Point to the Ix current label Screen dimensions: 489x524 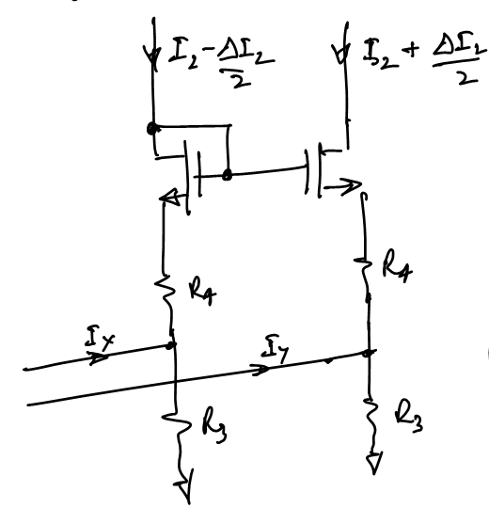point(99,339)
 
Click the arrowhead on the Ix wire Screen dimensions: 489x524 point(99,357)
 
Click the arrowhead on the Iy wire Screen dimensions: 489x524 point(260,370)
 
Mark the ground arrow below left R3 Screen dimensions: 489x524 point(184,486)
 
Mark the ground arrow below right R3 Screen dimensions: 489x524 point(374,463)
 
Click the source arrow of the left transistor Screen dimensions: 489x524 point(169,198)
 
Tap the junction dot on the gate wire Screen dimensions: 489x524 point(228,175)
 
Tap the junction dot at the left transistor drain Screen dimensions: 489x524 point(152,128)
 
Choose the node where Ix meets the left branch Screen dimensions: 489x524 point(171,345)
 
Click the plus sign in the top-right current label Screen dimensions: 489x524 point(412,50)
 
